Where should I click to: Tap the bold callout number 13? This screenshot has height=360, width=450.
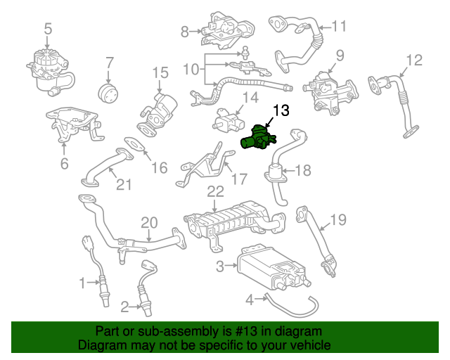coord(281,110)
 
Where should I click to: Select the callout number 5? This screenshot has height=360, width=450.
coord(48,30)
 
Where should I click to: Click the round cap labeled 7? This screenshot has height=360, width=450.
coord(108,94)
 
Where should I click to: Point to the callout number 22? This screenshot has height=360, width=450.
coord(216,192)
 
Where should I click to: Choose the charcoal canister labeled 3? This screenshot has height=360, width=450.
coord(274,268)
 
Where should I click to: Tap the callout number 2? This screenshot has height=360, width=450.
coord(124,307)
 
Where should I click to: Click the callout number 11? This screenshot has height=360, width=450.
coord(339,26)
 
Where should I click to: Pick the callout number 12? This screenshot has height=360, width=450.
coord(414,60)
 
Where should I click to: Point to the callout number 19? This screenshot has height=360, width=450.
coord(339,219)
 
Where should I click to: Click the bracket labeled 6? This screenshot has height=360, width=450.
coord(73,124)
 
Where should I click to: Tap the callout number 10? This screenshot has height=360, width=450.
coord(191,69)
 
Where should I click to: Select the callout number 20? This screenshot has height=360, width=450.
coord(149,223)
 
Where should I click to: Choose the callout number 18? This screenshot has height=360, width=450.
coord(303,171)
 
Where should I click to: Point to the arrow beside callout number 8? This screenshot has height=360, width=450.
coord(196,32)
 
